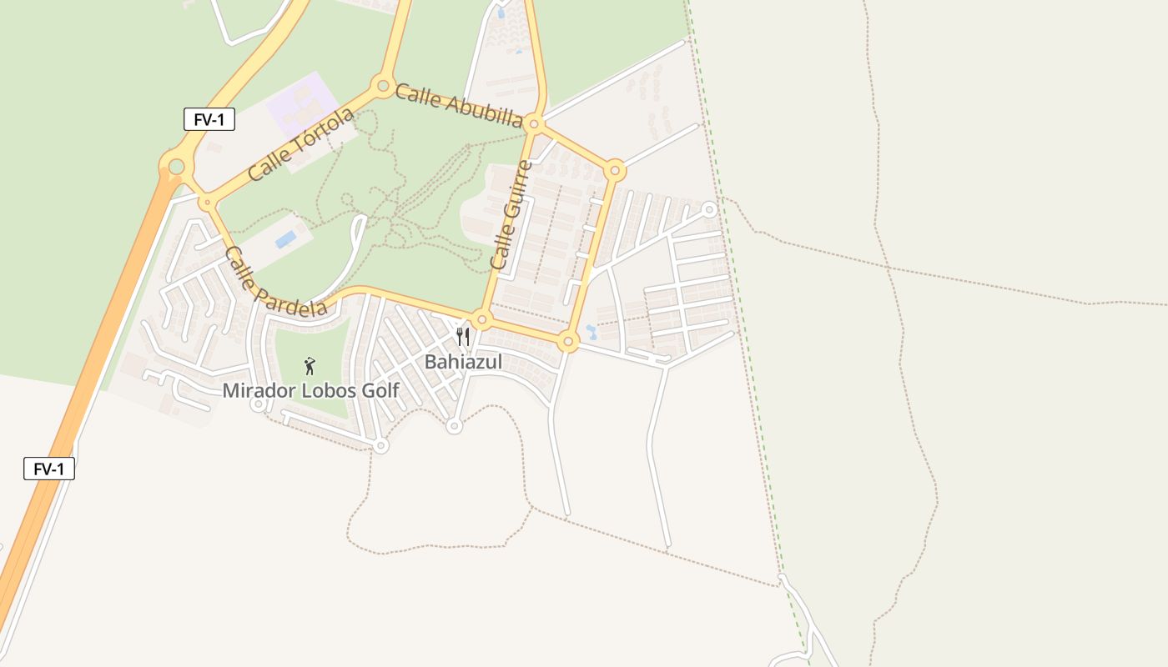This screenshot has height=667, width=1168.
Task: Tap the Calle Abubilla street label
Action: pyautogui.click(x=459, y=105)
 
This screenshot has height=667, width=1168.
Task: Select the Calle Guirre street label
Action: pyautogui.click(x=511, y=215)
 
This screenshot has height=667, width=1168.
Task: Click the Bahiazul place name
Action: pyautogui.click(x=463, y=362)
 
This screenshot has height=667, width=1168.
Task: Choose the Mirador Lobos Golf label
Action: pyautogui.click(x=310, y=390)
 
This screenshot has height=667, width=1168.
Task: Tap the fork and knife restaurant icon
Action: pyautogui.click(x=463, y=337)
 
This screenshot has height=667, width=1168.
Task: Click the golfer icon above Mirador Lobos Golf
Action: pyautogui.click(x=310, y=365)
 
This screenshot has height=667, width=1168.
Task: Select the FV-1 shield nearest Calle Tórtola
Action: pyautogui.click(x=209, y=119)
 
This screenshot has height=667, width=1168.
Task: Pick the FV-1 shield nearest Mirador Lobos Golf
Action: pyautogui.click(x=49, y=469)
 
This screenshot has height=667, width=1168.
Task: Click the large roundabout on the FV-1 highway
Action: pyautogui.click(x=176, y=166)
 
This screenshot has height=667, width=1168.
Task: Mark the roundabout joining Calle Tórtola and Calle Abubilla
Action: pyautogui.click(x=383, y=85)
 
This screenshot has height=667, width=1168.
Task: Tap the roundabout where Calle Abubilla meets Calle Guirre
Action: pyautogui.click(x=536, y=124)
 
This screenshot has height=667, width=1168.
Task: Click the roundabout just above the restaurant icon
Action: pyautogui.click(x=481, y=319)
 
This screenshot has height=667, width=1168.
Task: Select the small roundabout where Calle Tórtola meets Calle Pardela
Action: pyautogui.click(x=206, y=202)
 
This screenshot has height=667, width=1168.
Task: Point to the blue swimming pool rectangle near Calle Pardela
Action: pyautogui.click(x=285, y=239)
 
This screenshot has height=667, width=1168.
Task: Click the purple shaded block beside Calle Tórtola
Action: pyautogui.click(x=302, y=103)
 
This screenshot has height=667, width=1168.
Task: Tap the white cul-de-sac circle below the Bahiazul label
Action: pyautogui.click(x=454, y=426)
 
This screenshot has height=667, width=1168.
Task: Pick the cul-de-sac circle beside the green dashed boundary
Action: pyautogui.click(x=709, y=209)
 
